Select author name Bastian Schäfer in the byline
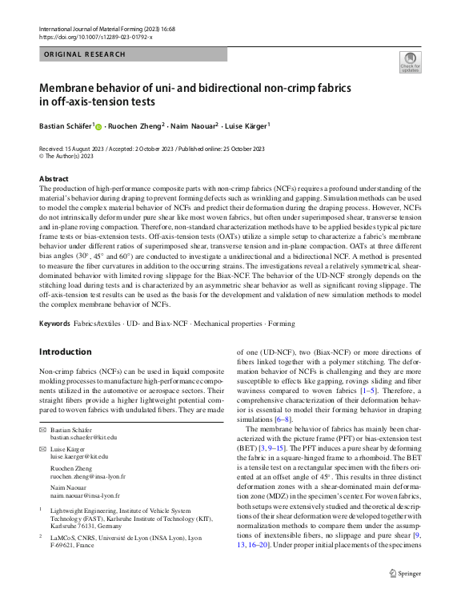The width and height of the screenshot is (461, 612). click(66, 125)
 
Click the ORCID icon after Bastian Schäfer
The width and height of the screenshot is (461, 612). click(99, 126)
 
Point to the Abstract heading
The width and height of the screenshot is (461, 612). click(54, 178)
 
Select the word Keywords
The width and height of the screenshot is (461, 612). click(54, 324)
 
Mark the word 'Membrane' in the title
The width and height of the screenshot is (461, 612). click(72, 86)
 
